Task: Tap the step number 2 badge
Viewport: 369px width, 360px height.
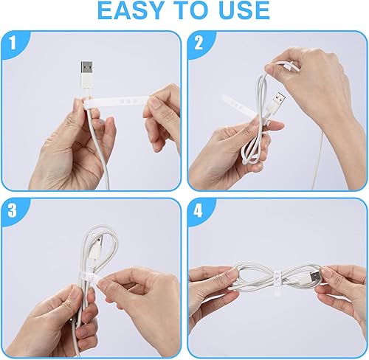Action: [199, 44]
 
